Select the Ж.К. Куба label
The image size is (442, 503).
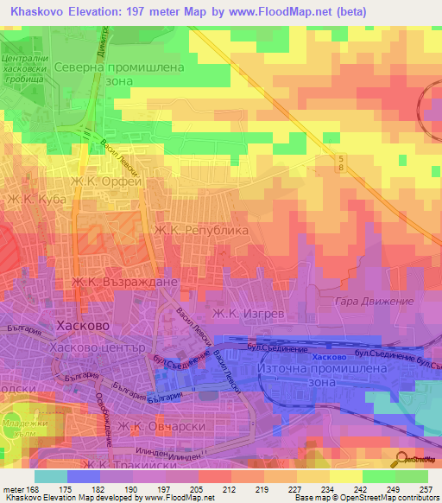pos(37,200)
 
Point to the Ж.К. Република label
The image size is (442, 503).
pos(200,231)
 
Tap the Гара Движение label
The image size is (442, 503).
pos(363,301)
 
